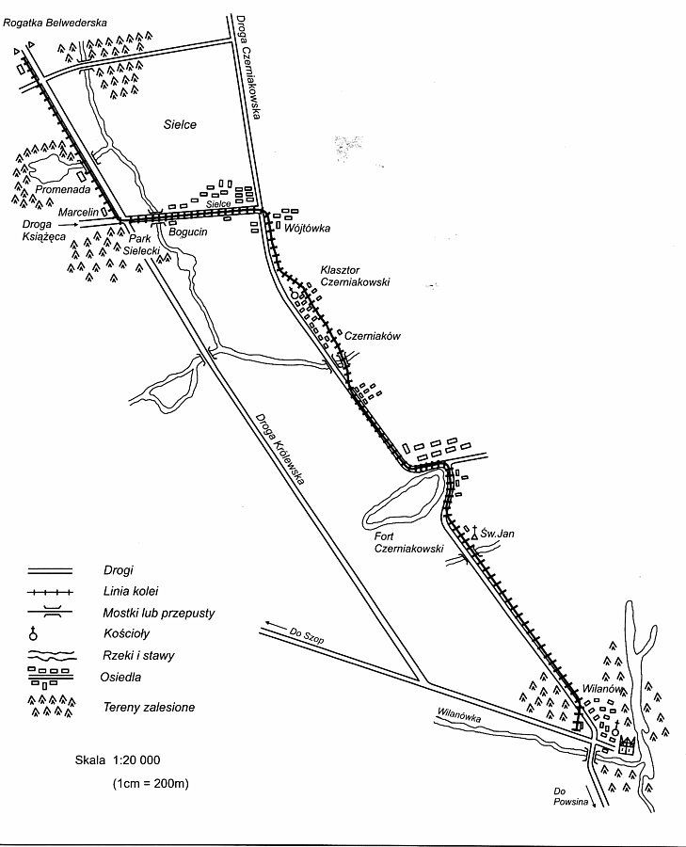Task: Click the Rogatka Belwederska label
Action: point(55,23)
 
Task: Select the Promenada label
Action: point(63,189)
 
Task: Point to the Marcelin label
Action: point(79,213)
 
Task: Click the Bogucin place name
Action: point(188,232)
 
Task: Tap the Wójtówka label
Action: point(307,229)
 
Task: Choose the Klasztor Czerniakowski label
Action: point(355,276)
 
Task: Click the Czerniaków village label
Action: point(373,335)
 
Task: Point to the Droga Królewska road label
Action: point(280,449)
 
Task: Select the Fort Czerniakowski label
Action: point(409,542)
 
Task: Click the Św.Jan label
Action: point(498,534)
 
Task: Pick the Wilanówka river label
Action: point(458,715)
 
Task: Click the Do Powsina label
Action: point(570,797)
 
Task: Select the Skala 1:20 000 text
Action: point(118,760)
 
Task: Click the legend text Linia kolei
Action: point(131,592)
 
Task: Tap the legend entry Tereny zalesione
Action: point(149,707)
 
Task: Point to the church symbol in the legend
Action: point(34,633)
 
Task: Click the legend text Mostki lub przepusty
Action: point(159,613)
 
